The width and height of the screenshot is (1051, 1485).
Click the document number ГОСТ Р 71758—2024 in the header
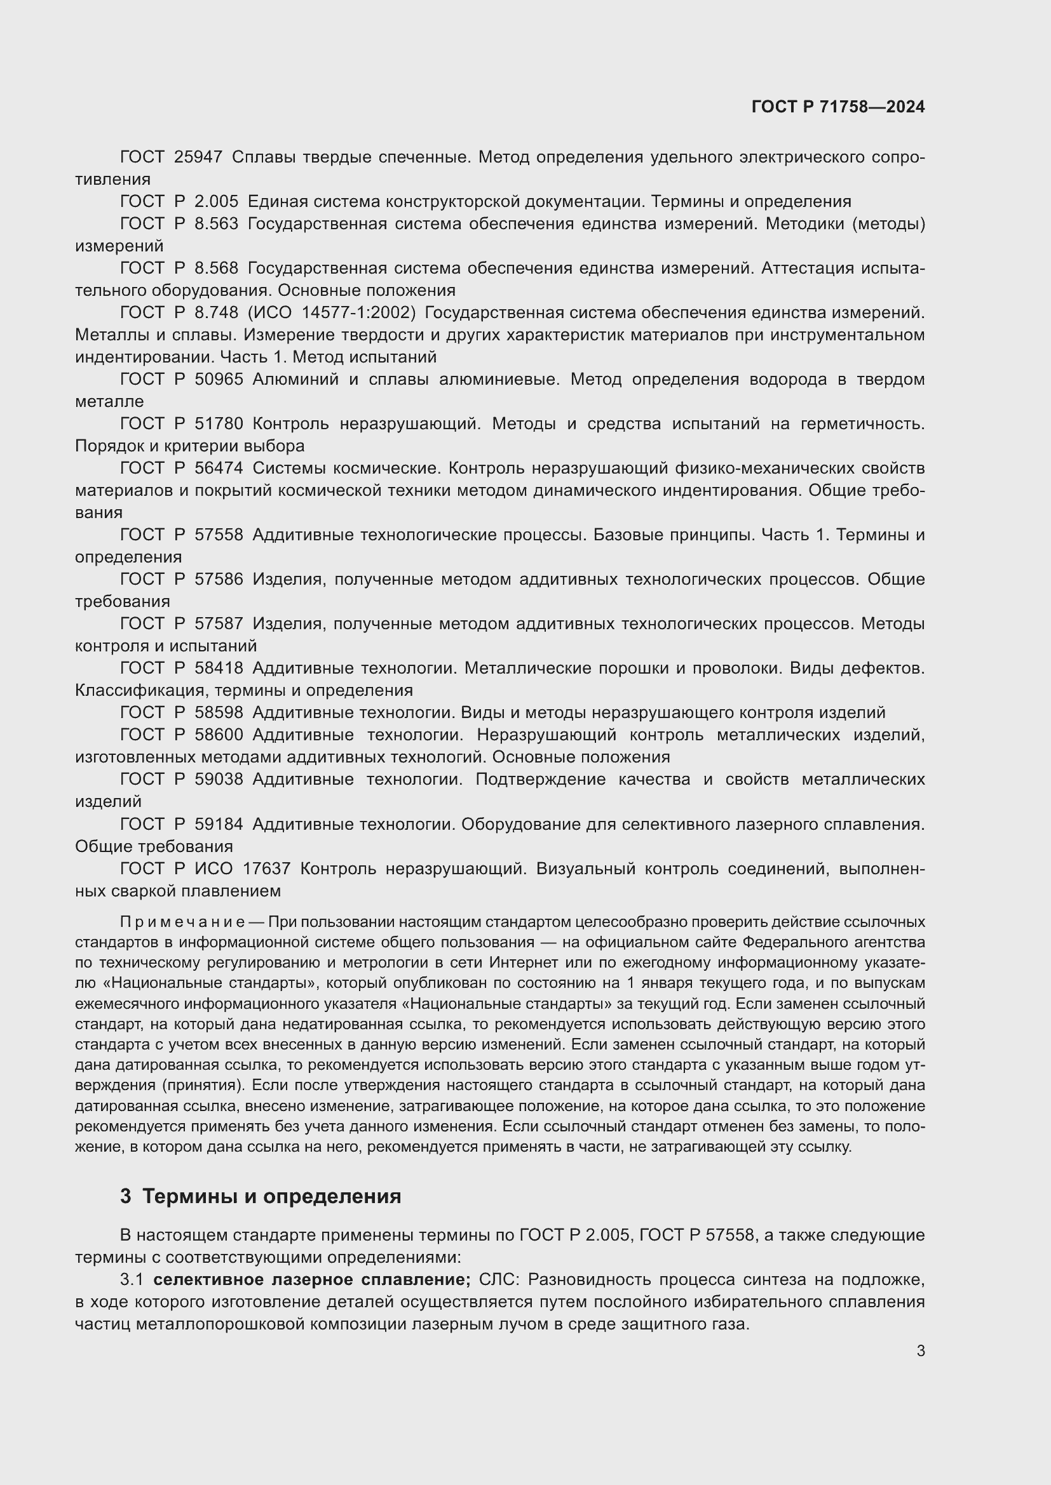tap(838, 107)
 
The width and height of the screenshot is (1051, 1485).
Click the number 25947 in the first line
tap(198, 157)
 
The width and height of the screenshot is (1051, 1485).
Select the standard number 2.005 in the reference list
tap(216, 202)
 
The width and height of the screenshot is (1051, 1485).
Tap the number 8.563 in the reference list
tap(216, 223)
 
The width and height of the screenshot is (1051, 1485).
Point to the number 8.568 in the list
tap(216, 269)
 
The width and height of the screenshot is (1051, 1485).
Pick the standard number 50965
tap(219, 380)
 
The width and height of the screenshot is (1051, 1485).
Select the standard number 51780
tap(219, 424)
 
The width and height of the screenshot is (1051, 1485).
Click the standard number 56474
tap(219, 469)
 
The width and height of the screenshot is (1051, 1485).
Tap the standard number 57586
tap(219, 580)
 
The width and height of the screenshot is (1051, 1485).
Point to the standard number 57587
tap(219, 624)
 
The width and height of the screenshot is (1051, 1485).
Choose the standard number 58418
tap(219, 668)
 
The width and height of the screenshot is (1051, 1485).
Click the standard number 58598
tap(219, 713)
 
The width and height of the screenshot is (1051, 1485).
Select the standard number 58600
tap(219, 735)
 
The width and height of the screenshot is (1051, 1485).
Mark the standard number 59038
tap(219, 780)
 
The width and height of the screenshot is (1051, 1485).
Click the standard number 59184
tap(219, 825)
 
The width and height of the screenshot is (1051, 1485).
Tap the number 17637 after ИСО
tap(267, 869)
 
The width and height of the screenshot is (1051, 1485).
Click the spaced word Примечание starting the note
tap(182, 922)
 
